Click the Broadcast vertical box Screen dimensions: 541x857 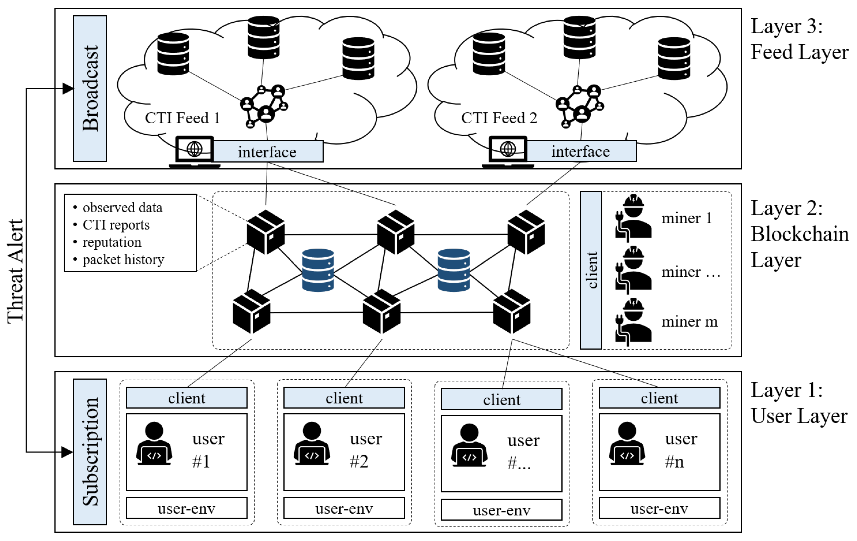pyautogui.click(x=90, y=88)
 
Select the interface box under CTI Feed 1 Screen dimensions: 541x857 pyautogui.click(x=268, y=152)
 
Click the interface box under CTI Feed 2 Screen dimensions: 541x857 pyautogui.click(x=581, y=151)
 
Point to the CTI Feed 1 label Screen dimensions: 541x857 pyautogui.click(x=182, y=118)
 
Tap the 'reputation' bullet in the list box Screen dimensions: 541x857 pyautogui.click(x=112, y=242)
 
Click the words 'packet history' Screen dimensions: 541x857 pyautogui.click(x=123, y=259)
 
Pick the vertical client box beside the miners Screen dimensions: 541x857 pyautogui.click(x=591, y=270)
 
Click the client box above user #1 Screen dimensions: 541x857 pyautogui.click(x=186, y=398)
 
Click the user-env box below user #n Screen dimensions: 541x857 pyautogui.click(x=659, y=508)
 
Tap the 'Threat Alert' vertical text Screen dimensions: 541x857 pyautogui.click(x=16, y=271)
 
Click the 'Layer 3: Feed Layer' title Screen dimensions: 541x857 pyautogui.click(x=799, y=39)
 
